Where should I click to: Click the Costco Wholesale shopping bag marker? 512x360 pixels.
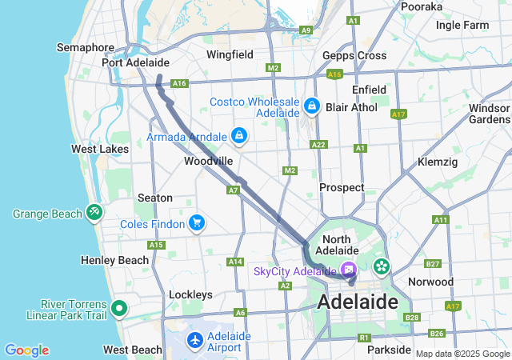[x=311, y=106]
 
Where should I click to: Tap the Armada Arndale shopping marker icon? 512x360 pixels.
[x=238, y=137]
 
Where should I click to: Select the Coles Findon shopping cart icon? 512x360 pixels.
[x=197, y=223]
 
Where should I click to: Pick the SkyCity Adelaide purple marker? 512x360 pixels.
[x=349, y=270]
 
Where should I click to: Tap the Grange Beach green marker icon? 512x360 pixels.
[x=94, y=213]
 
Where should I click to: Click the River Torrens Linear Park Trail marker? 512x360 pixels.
[x=119, y=308]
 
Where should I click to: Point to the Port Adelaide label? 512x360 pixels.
[x=135, y=62]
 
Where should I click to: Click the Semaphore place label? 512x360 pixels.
[x=86, y=48]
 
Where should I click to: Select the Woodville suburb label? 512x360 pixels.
[x=208, y=161]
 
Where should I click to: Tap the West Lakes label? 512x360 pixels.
[x=99, y=149]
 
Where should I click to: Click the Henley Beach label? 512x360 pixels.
[x=115, y=260]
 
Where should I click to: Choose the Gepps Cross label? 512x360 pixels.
[x=354, y=55]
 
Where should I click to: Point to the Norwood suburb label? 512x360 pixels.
[x=430, y=282]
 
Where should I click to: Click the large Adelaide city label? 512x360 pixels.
[x=358, y=302]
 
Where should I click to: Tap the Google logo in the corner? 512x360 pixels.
[x=26, y=350]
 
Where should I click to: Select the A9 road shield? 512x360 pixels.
[x=306, y=30]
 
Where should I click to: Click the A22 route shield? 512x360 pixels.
[x=318, y=145]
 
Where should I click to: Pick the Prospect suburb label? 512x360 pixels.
[x=342, y=187]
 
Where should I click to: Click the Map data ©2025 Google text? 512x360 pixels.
[x=462, y=354]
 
